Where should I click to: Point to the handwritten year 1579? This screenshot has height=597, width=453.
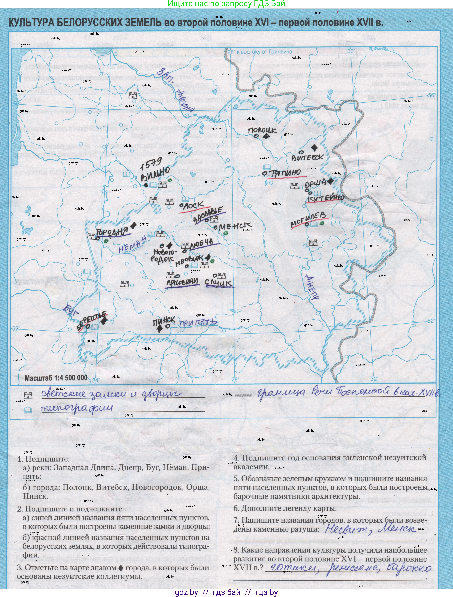(x=151, y=164)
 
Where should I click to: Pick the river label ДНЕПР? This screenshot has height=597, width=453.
(x=311, y=287)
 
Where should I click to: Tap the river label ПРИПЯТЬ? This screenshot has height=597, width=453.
(x=198, y=323)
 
